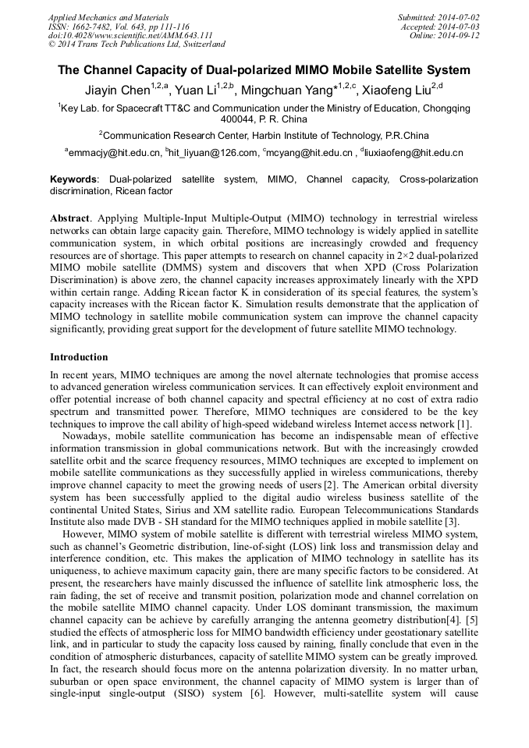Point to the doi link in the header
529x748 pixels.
(130, 35)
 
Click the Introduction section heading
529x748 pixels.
(79, 357)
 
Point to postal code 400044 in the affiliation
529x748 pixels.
(239, 120)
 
